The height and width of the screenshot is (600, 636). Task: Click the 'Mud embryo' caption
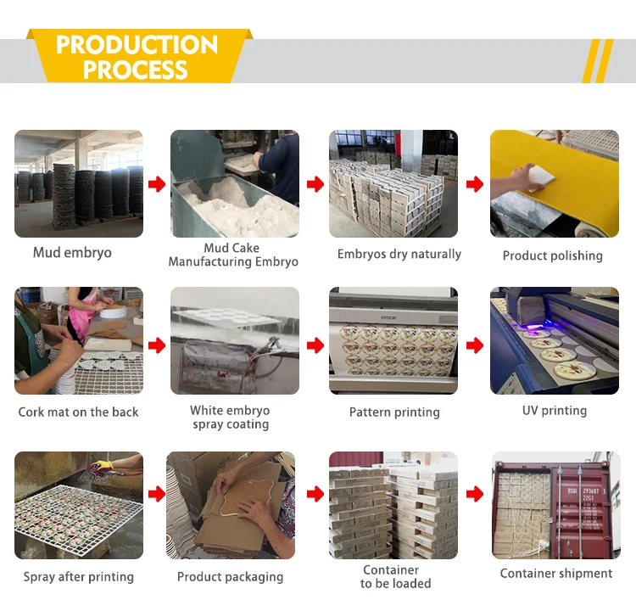tap(72, 253)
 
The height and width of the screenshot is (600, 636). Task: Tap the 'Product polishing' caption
tap(552, 255)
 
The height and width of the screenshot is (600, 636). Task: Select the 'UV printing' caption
tap(555, 411)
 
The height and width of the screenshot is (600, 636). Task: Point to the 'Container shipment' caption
tap(556, 573)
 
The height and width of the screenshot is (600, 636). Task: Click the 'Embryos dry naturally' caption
tap(399, 254)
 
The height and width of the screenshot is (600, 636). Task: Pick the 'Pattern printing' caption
tap(394, 412)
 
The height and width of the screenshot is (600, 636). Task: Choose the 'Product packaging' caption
tap(230, 577)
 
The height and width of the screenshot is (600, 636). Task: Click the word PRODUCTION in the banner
tap(137, 45)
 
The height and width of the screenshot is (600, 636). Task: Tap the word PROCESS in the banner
tap(135, 70)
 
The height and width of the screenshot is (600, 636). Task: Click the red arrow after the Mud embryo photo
tap(157, 184)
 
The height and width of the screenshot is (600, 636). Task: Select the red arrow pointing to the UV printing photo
tap(475, 345)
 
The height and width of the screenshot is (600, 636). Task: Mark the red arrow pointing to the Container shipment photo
tap(475, 494)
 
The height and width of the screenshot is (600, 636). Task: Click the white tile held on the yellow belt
tap(542, 177)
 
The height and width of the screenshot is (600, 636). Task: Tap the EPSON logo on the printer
tap(388, 317)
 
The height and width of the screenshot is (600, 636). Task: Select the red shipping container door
tap(581, 510)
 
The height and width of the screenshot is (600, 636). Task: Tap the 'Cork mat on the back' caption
tap(78, 412)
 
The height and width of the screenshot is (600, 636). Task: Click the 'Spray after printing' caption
tap(78, 577)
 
